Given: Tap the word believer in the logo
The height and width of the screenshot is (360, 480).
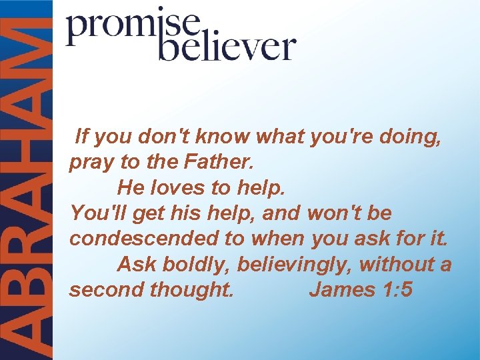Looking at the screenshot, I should click(x=226, y=48).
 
